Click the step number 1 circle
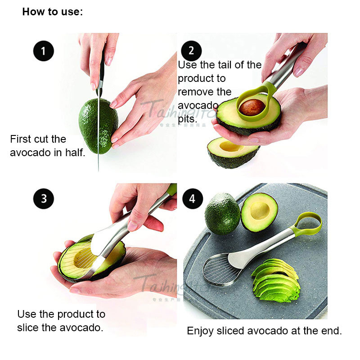point(43,51)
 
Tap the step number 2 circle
point(191,50)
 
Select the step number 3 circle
point(43,198)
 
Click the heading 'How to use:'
point(53,12)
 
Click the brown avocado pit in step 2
point(252,107)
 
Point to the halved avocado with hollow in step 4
point(259,212)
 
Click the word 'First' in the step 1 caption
point(21,139)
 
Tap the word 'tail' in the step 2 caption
point(217,65)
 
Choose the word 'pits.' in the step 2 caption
point(187,120)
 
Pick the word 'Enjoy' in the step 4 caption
point(200,331)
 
